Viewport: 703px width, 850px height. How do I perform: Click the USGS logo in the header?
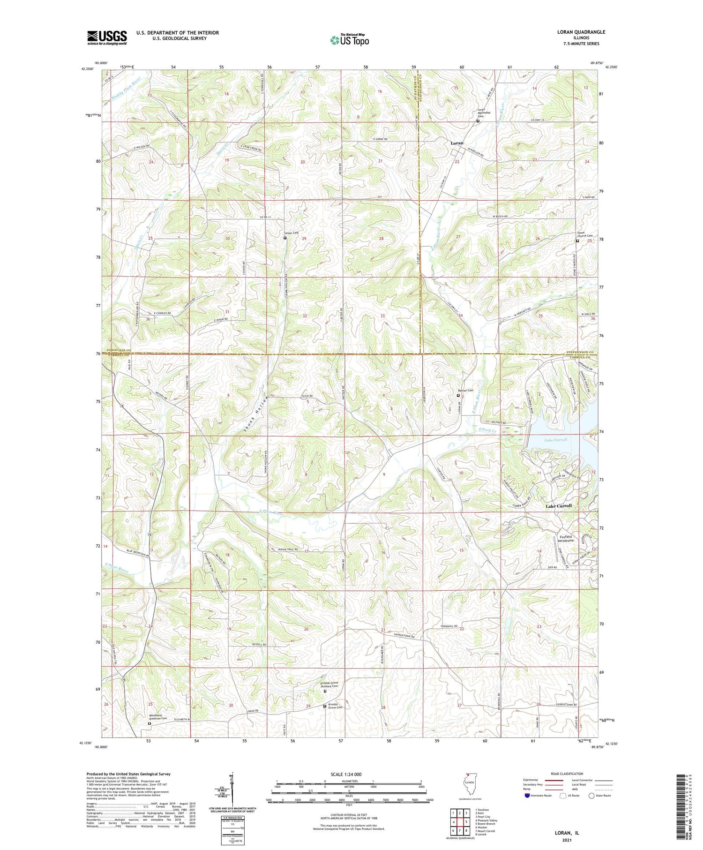tap(107, 38)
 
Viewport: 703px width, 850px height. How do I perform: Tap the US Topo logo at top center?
tap(349, 40)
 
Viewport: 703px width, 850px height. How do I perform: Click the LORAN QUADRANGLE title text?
tap(579, 32)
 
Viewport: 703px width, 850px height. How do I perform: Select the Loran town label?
tap(456, 143)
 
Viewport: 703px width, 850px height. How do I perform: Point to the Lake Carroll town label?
tap(559, 506)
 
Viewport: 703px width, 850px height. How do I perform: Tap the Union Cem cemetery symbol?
tap(285, 238)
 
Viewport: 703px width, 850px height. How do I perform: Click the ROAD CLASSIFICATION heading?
tap(567, 774)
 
